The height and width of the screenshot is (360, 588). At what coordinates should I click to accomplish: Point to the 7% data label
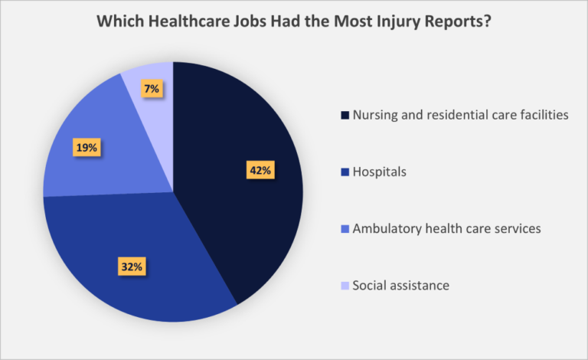click(x=151, y=89)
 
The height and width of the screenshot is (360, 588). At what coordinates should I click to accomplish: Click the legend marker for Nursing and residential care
click(x=345, y=116)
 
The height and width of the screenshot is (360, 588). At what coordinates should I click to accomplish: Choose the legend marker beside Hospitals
click(x=345, y=172)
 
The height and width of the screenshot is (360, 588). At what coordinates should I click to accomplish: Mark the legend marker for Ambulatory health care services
click(x=345, y=229)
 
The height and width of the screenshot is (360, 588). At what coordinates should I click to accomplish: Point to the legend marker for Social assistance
click(x=345, y=286)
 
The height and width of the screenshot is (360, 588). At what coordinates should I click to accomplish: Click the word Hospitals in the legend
click(x=380, y=172)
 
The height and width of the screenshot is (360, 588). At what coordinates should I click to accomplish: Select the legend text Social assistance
click(x=401, y=286)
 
